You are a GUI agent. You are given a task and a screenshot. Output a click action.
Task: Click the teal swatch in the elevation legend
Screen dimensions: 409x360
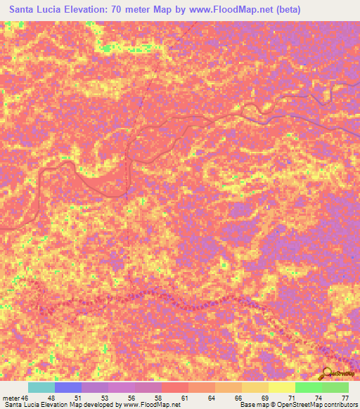[41, 387]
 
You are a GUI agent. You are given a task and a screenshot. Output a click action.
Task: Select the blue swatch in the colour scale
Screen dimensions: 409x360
[68, 387]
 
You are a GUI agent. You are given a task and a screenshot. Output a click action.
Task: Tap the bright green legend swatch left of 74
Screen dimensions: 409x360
[309, 387]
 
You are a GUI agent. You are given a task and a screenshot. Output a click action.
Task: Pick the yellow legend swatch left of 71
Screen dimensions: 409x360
[282, 387]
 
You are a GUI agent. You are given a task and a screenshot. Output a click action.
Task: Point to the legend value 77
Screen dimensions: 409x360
[345, 397]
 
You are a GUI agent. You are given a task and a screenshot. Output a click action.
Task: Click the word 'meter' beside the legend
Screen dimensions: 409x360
[13, 397]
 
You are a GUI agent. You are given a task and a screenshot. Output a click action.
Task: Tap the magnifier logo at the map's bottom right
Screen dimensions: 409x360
[327, 373]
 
